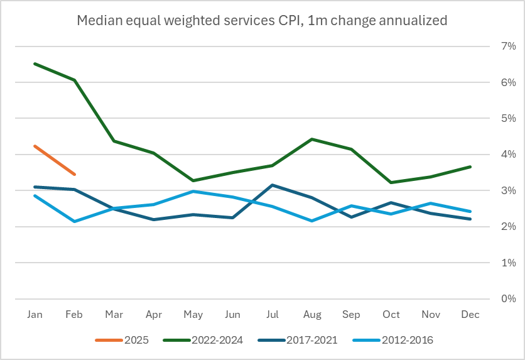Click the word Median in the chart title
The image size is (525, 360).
[x=97, y=21]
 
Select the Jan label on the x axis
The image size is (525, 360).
[x=35, y=314]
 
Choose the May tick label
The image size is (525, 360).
[x=192, y=314]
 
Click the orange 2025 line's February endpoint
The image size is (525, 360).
[x=74, y=174]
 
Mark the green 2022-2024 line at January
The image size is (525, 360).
[x=35, y=63]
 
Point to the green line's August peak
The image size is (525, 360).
[x=311, y=139]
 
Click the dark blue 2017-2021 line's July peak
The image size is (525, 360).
[x=272, y=185]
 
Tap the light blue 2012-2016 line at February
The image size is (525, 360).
[x=74, y=221]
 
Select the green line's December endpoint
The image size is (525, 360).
[x=469, y=166]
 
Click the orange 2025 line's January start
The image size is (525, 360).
[x=35, y=146]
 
